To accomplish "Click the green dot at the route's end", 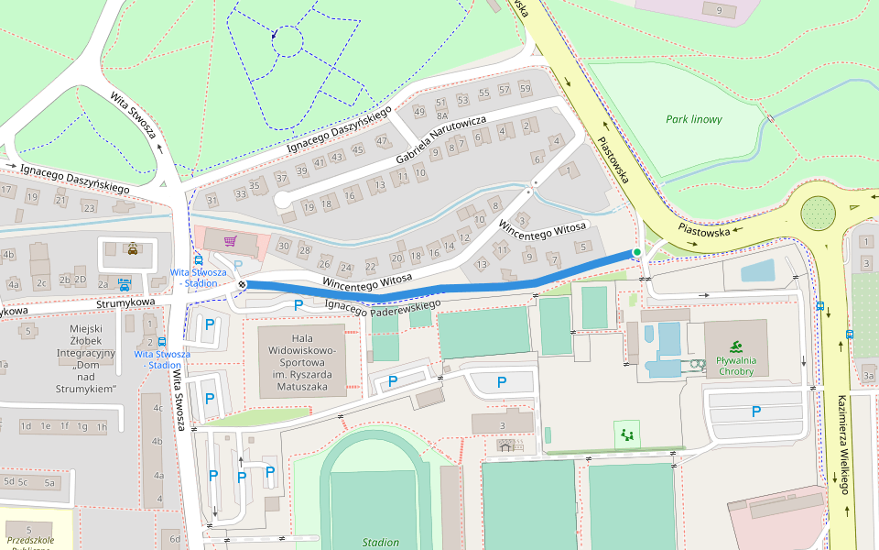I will click(x=637, y=252).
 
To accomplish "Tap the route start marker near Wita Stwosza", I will click(x=242, y=285).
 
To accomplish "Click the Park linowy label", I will click(x=693, y=119).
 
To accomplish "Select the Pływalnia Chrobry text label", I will click(x=735, y=366).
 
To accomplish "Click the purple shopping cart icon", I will click(x=231, y=241).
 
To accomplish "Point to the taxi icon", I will click(x=133, y=247).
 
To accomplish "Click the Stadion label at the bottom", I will click(x=380, y=542).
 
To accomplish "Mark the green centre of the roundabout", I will click(x=818, y=214).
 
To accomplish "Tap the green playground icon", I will click(x=627, y=434).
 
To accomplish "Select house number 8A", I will click(x=441, y=116).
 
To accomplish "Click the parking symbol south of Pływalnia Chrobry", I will click(x=756, y=412).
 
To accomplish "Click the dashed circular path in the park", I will click(x=287, y=41).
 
